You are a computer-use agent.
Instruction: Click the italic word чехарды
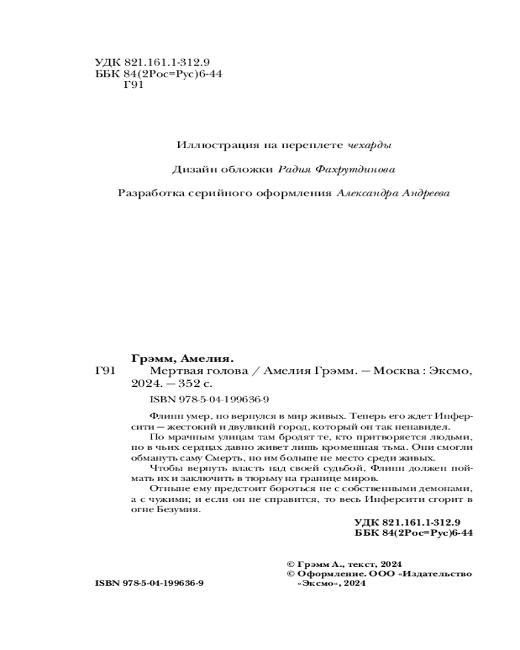coord(369,144)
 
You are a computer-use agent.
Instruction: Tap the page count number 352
coord(187,383)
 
